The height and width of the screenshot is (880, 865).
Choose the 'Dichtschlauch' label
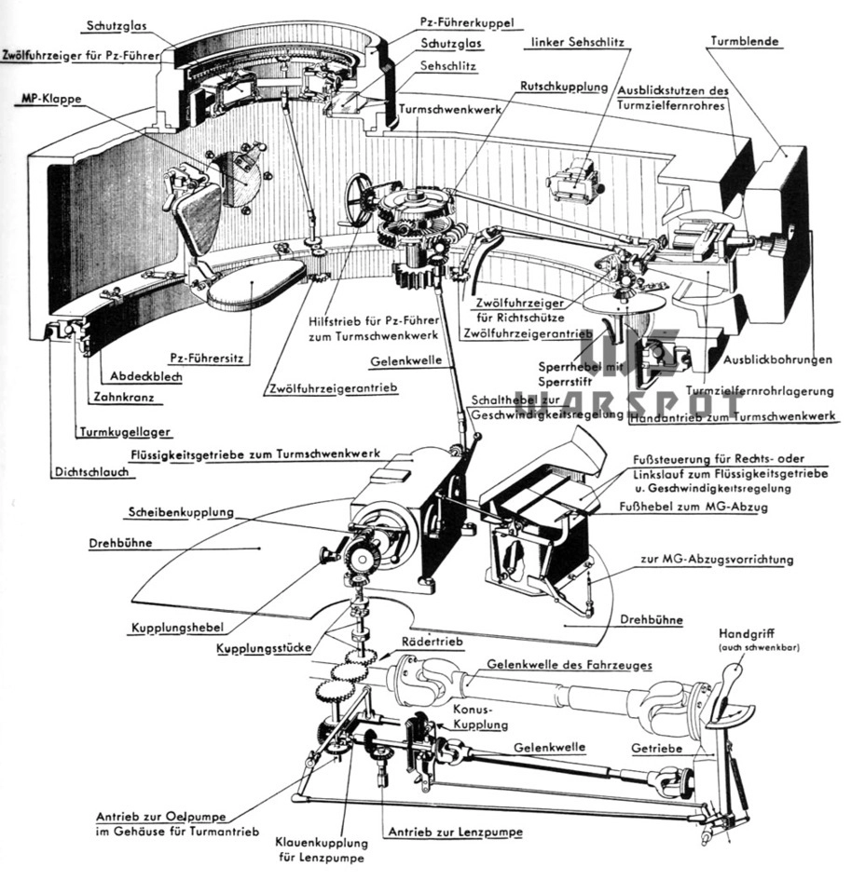(90, 472)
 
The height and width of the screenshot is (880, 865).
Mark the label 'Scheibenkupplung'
(181, 512)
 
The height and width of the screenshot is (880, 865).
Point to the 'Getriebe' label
(657, 748)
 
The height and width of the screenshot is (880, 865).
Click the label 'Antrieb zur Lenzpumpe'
(455, 830)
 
